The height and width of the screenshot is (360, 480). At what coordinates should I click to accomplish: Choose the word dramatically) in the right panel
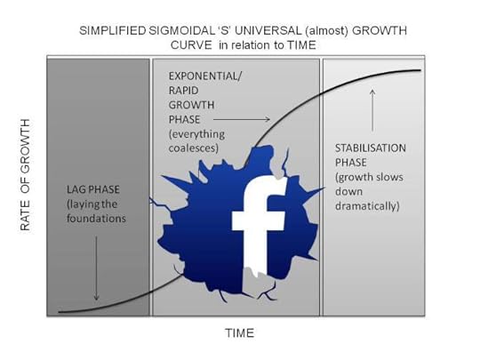tap(367, 206)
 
